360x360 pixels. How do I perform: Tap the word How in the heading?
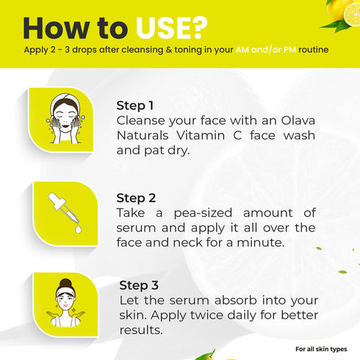pos(51,27)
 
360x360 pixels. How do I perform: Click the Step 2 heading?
pos(136,198)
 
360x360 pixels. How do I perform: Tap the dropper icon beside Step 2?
pos(64,214)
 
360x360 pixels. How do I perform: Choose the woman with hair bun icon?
pos(63,302)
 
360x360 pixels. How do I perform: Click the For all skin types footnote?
pos(321,348)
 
